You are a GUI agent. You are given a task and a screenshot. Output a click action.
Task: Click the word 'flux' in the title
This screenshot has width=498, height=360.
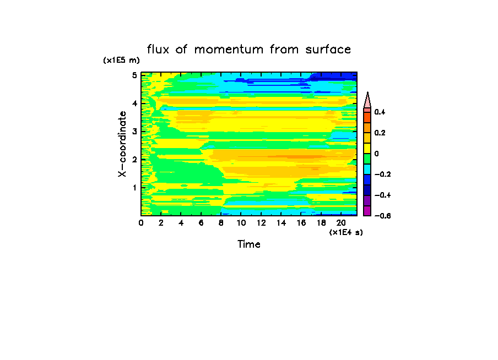coord(159,50)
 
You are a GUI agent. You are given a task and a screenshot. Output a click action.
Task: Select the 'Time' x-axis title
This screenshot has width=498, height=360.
coord(249,244)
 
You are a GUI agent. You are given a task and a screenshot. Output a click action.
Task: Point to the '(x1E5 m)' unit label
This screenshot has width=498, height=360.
coord(122,61)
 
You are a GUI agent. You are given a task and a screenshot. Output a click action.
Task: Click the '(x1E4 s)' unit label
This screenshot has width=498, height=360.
coord(346,233)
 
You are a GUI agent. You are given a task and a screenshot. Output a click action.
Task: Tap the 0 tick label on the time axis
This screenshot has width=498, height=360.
coord(141,223)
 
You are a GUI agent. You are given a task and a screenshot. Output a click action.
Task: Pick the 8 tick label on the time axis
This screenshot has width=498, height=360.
coord(221,223)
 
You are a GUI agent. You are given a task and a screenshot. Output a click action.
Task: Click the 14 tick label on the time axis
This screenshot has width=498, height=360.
coord(281,223)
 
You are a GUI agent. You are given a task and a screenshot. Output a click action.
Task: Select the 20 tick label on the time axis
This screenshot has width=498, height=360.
coord(341,223)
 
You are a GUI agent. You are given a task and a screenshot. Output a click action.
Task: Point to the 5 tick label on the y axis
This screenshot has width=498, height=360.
coord(134,75)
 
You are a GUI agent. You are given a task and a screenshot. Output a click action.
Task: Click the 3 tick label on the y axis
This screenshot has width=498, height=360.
coord(134,131)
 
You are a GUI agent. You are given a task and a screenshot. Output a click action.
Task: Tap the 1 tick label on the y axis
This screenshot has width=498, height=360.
coord(134,188)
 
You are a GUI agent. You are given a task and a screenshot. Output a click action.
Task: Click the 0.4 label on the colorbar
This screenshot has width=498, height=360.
coord(380,112)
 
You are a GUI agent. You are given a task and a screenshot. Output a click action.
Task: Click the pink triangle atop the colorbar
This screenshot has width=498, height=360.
coord(367,100)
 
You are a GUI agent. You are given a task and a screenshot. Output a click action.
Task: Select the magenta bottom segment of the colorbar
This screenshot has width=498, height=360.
coord(367,210)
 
